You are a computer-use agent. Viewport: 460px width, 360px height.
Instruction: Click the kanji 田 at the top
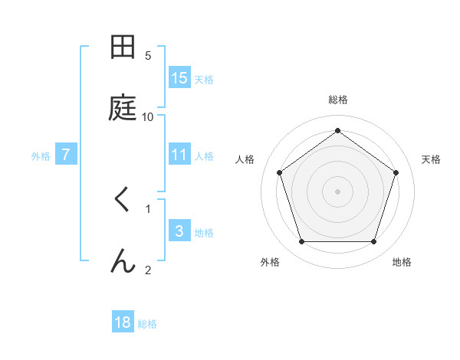(123, 47)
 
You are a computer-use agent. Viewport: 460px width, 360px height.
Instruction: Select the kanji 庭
(123, 109)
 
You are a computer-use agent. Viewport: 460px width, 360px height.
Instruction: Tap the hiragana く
(122, 201)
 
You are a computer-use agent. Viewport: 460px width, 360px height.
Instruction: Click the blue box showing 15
(179, 78)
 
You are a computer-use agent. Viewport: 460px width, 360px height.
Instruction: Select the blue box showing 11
(179, 155)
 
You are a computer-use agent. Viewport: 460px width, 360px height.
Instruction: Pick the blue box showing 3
(179, 231)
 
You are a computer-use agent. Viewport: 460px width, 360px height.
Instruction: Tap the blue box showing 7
(66, 155)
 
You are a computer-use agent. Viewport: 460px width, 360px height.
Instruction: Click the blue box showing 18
(123, 322)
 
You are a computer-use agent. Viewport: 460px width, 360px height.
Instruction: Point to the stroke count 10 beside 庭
(148, 116)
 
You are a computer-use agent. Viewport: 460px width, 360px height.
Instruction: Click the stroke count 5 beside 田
(148, 55)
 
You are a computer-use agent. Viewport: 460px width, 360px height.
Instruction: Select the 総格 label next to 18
(147, 324)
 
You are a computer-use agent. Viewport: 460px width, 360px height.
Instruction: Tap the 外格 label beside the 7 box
(41, 156)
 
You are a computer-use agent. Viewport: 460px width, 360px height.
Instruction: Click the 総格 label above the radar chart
(337, 100)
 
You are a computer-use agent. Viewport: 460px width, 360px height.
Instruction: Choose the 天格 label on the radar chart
(431, 159)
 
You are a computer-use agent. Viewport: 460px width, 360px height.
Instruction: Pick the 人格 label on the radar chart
(245, 159)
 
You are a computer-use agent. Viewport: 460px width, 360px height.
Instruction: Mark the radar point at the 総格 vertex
(337, 131)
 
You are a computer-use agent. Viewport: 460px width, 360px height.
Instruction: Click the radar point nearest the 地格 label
(373, 242)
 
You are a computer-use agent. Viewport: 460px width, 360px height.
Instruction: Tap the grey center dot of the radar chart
(337, 191)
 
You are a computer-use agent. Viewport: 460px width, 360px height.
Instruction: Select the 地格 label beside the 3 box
(204, 233)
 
